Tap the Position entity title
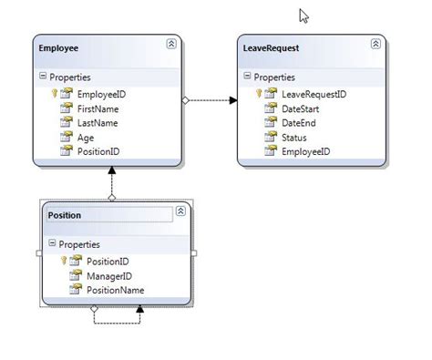[64, 215]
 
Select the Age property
[86, 138]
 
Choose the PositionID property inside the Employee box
[99, 151]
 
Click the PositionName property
[115, 290]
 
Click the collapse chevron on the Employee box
[171, 44]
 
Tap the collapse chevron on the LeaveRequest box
[375, 44]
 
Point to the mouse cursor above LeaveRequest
[303, 15]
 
